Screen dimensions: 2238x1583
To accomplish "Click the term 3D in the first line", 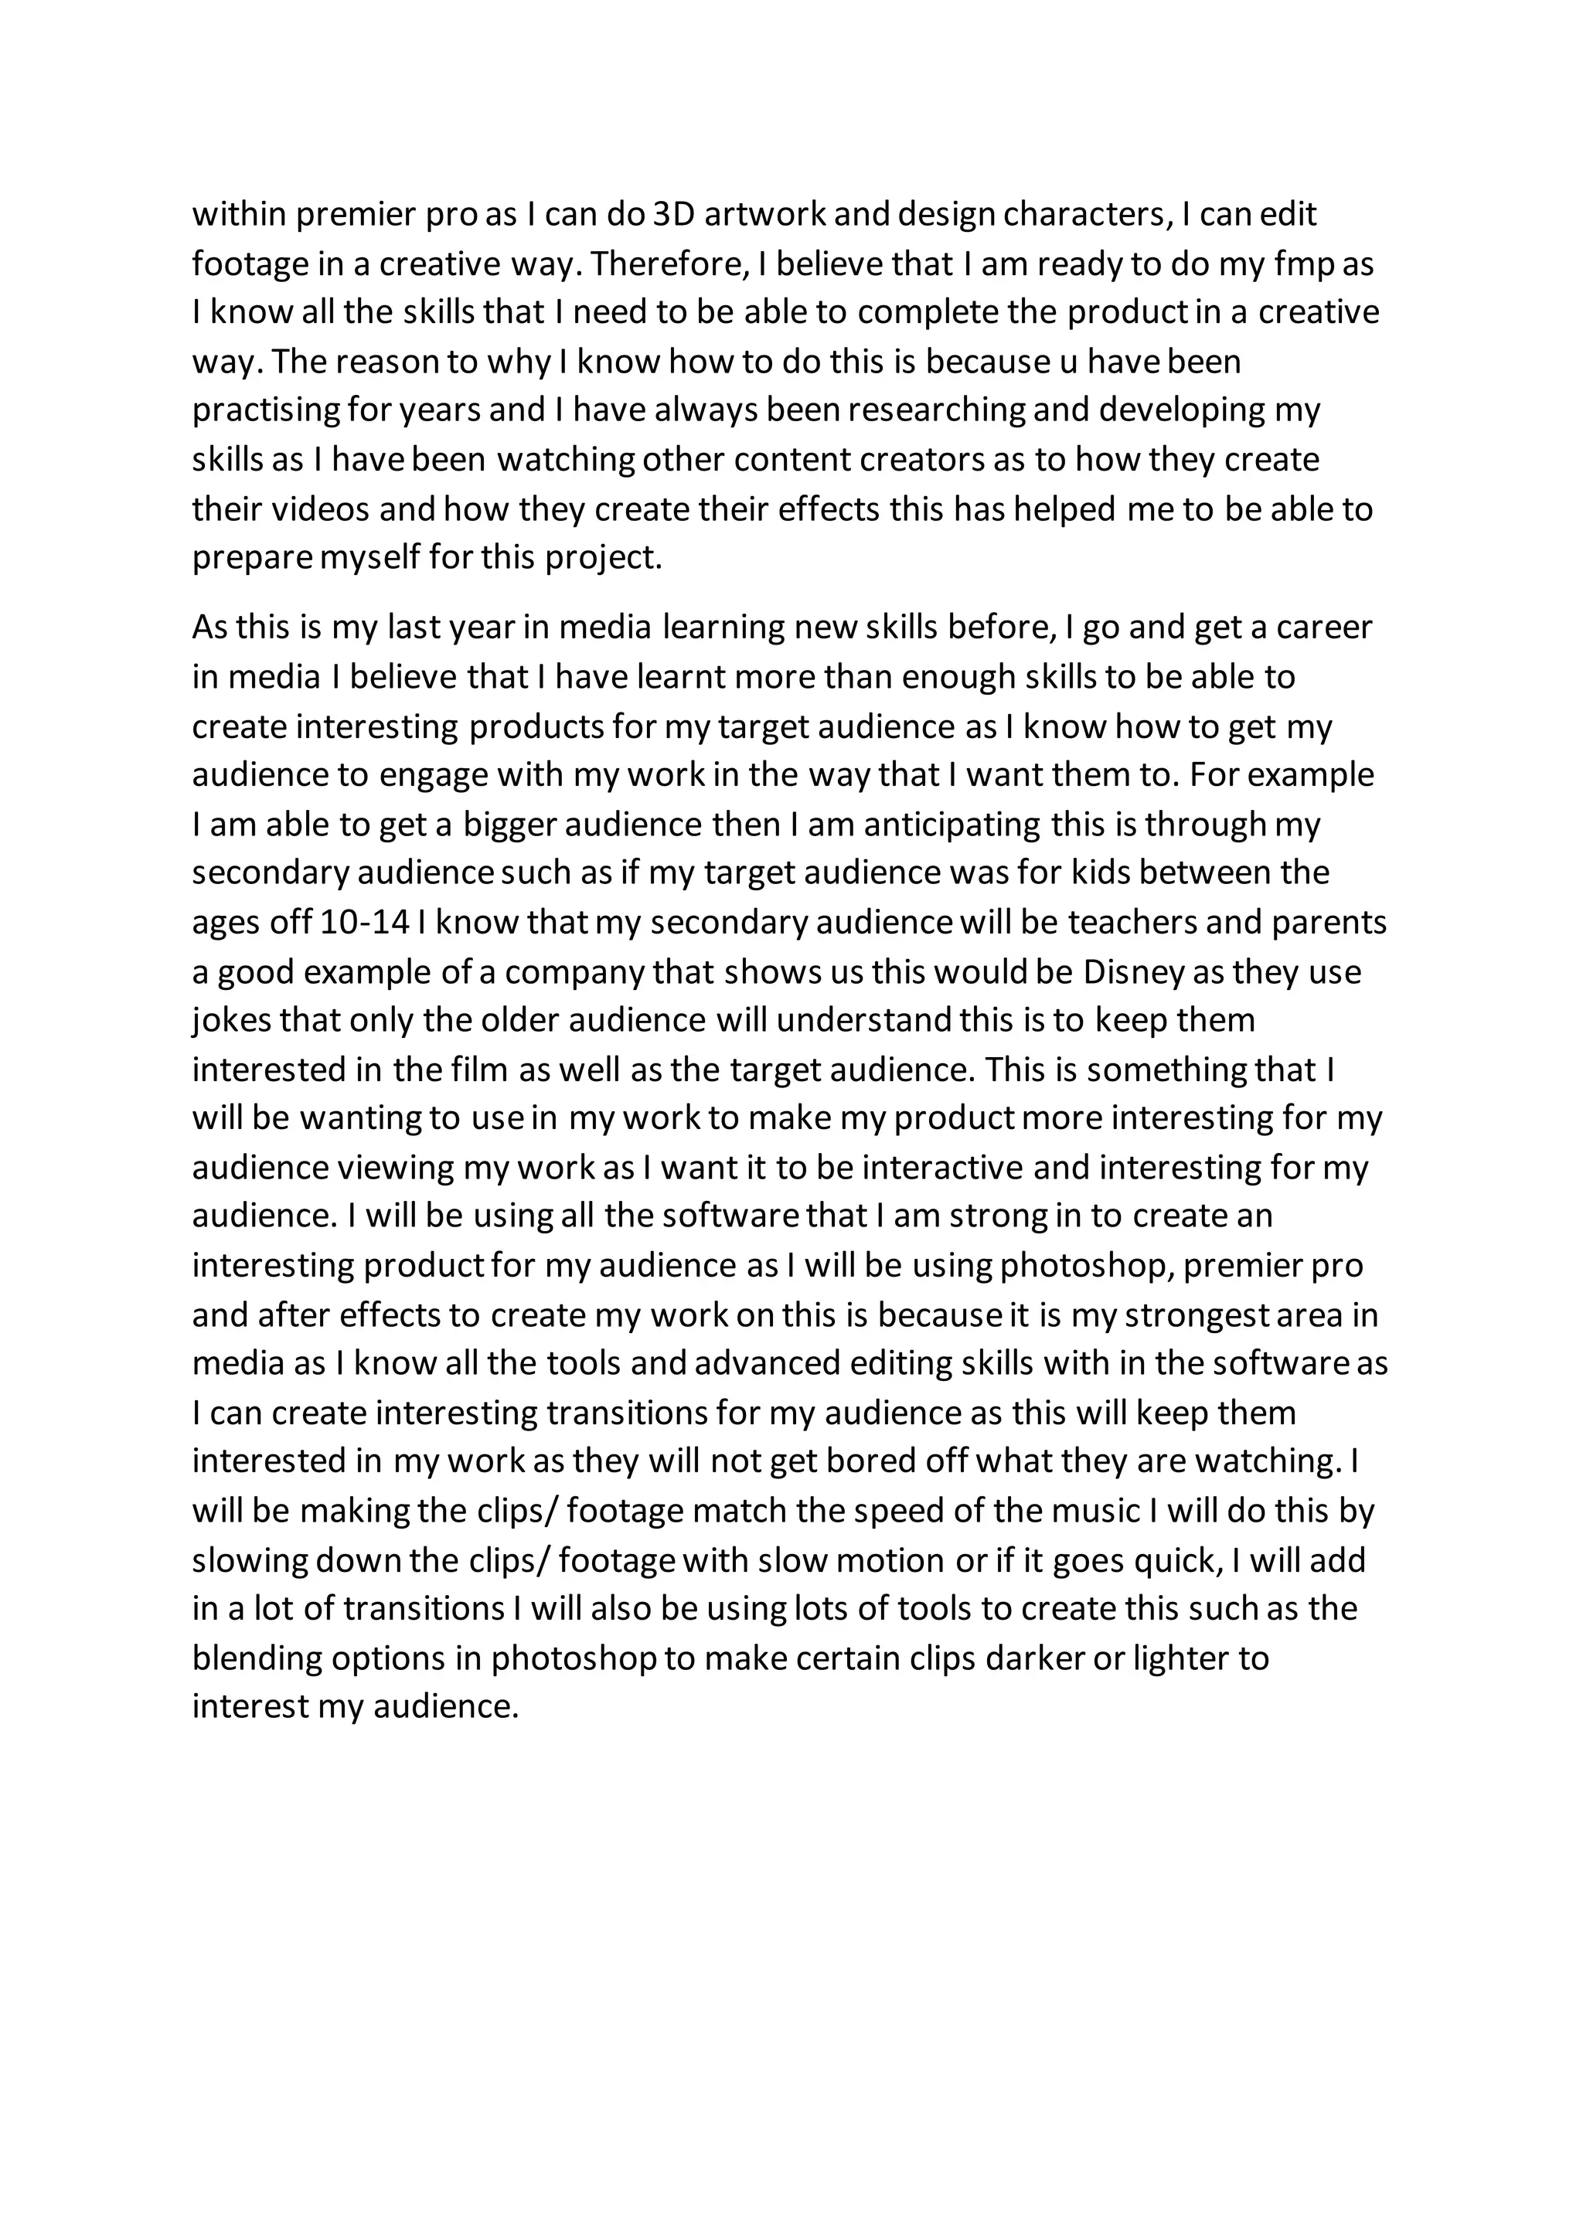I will point(672,213).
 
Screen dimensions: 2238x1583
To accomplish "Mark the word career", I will point(1324,627).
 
